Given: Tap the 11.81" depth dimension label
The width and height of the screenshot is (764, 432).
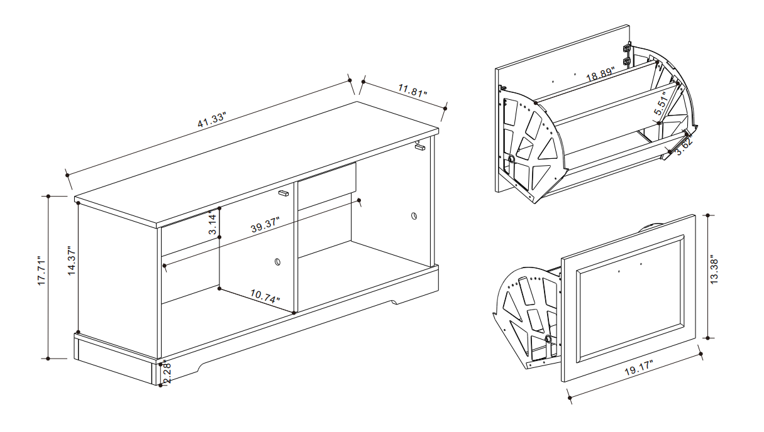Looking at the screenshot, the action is coord(412,90).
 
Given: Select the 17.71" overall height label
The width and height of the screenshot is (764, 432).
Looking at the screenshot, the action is coord(42,271).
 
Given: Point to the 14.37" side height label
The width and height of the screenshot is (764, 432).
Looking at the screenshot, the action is coord(71,261).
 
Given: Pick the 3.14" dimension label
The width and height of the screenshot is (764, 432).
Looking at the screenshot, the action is coord(213,223).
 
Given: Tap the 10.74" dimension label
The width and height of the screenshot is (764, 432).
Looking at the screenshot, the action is coord(265,296).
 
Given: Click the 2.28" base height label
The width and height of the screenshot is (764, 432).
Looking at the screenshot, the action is coord(167,372).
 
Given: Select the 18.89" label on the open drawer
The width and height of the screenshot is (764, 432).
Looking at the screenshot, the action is coord(601,74).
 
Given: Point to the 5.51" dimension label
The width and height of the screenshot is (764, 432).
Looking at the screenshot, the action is coord(661,105).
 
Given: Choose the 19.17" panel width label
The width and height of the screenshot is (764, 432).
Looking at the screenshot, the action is coord(638,369).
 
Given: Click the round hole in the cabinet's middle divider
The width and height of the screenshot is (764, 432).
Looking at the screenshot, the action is coord(278,262).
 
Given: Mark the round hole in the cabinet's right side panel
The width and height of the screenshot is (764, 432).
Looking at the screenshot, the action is coord(414,215).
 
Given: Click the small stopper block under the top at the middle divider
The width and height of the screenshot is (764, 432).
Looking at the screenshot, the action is coord(284,193).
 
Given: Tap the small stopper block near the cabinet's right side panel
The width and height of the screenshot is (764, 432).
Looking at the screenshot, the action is coord(420,147).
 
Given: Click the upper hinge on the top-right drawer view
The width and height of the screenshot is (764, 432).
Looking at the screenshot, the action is coord(626,47).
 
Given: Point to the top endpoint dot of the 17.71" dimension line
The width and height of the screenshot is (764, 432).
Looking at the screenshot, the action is coord(48,197).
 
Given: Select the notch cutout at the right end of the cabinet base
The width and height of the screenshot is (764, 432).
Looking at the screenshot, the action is coord(395,302).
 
